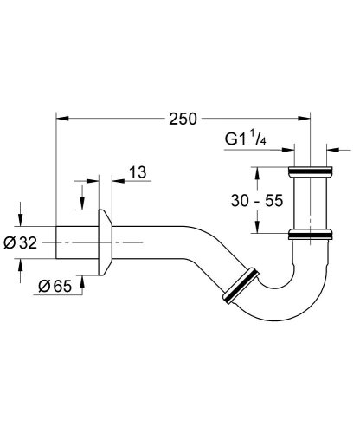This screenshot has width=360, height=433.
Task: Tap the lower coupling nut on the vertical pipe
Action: coord(310,233)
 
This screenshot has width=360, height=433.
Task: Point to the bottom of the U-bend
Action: coord(285,307)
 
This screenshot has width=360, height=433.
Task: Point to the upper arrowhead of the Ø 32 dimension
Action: coord(19,222)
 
